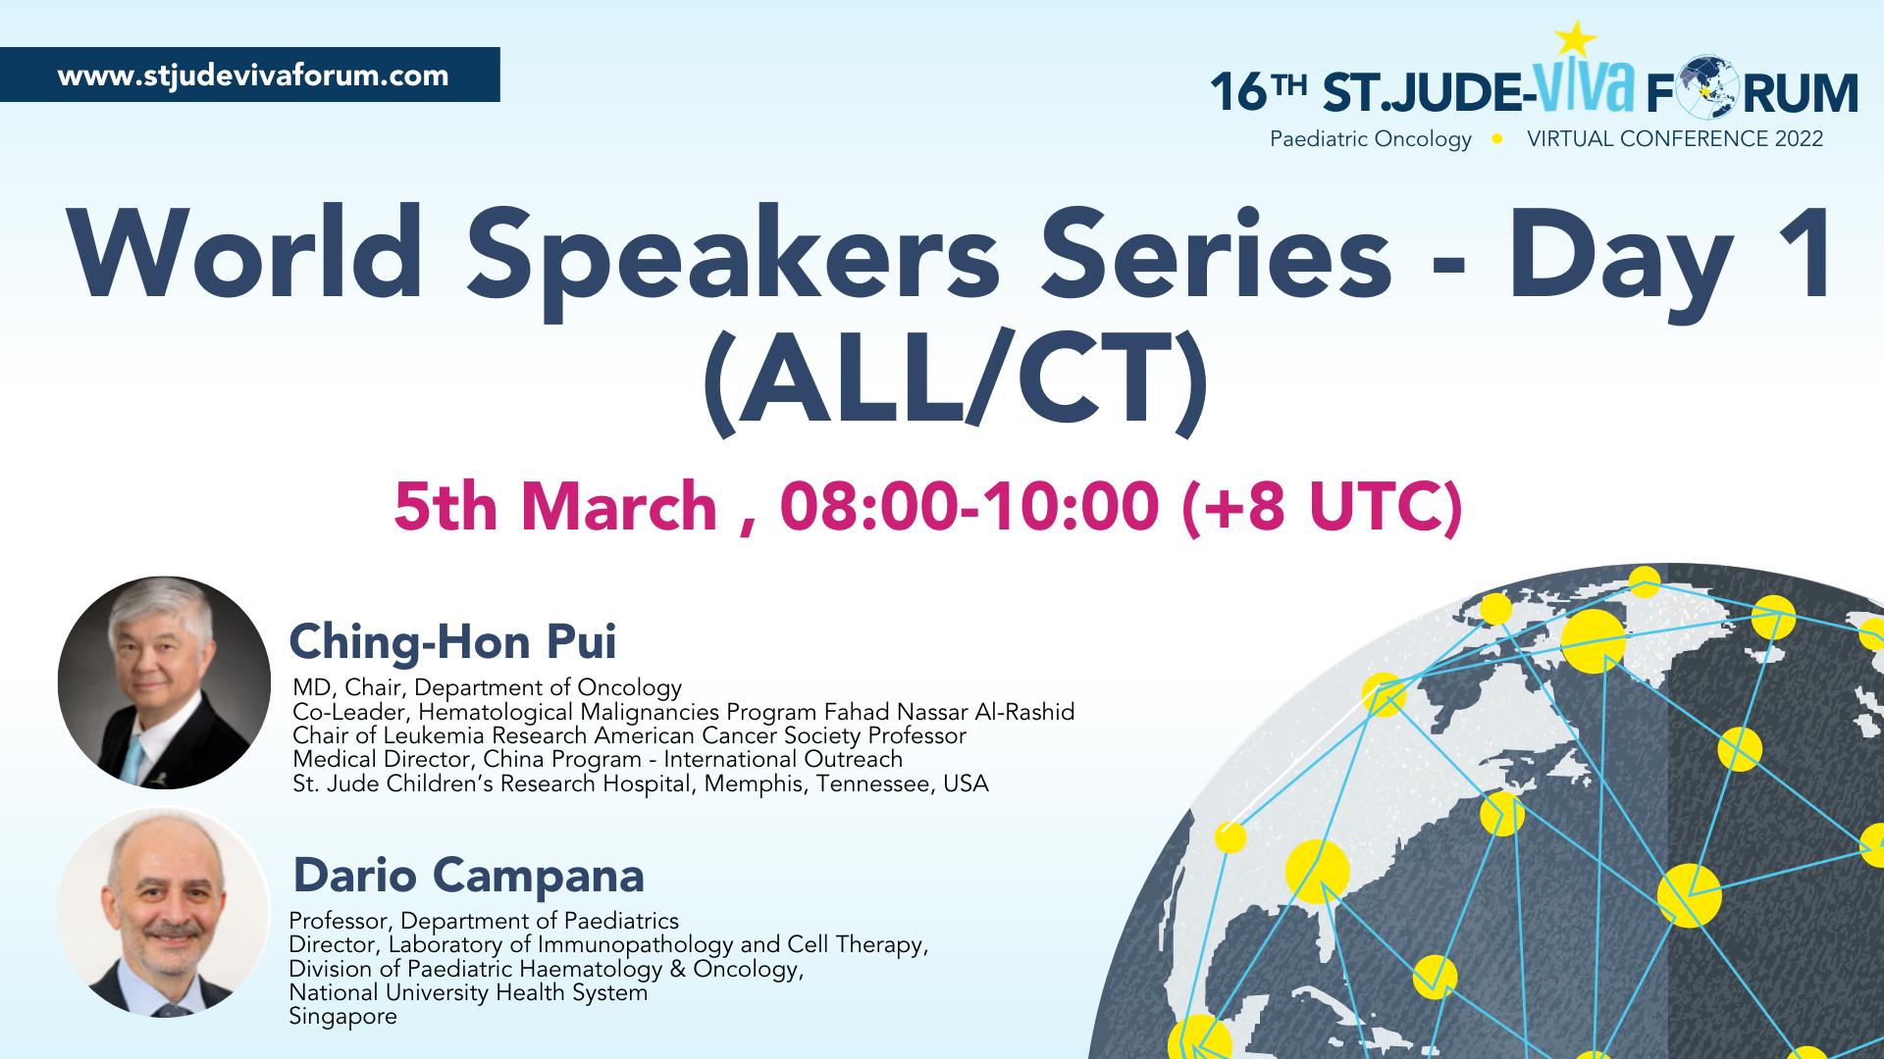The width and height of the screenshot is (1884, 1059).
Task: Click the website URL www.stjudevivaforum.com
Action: pyautogui.click(x=253, y=76)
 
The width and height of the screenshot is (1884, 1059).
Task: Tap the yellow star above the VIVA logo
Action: pyautogui.click(x=1576, y=39)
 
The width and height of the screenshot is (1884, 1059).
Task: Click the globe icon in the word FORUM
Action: pyautogui.click(x=1708, y=87)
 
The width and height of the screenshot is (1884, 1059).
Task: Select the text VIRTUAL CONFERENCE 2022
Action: pyautogui.click(x=1675, y=139)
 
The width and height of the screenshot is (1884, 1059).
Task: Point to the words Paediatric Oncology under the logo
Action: pyautogui.click(x=1371, y=139)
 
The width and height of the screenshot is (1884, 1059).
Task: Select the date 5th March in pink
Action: pyautogui.click(x=555, y=507)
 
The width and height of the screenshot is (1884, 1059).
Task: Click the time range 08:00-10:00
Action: pyautogui.click(x=969, y=507)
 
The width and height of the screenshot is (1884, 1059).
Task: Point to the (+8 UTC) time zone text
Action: pyautogui.click(x=1323, y=507)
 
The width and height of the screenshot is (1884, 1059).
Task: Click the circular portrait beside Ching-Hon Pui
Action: pyautogui.click(x=164, y=682)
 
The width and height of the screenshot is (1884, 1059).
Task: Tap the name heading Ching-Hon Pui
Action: pyautogui.click(x=452, y=642)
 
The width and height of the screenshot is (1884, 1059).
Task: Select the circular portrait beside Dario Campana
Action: pyautogui.click(x=164, y=913)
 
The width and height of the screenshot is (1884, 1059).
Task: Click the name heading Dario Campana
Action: pyautogui.click(x=469, y=875)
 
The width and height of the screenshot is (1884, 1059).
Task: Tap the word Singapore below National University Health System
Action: pyautogui.click(x=342, y=1017)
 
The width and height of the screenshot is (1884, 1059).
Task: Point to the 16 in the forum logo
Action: pyautogui.click(x=1238, y=92)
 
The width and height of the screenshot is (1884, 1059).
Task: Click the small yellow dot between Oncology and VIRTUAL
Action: pyautogui.click(x=1497, y=139)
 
